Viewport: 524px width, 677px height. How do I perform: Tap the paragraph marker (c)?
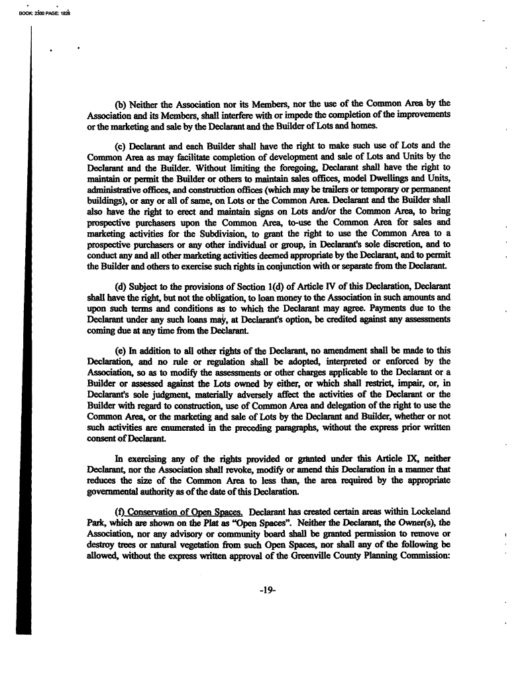(x=121, y=146)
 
